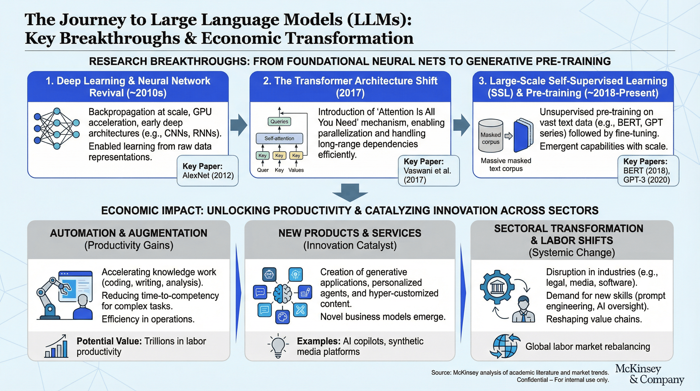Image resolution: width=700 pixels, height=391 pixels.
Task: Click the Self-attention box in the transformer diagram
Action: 279,138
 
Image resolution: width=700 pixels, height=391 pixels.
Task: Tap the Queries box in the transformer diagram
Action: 279,121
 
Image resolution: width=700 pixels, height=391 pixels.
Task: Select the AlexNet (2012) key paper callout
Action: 208,171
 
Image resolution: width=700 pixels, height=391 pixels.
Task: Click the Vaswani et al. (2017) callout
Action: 428,171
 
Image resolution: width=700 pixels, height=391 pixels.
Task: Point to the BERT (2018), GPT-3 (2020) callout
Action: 648,171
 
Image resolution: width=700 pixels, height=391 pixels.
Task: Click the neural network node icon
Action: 56,129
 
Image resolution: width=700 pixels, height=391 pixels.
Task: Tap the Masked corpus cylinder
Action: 491,136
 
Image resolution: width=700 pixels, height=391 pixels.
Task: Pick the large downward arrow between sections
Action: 350,192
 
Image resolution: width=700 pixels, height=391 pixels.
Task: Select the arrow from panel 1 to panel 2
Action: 239,125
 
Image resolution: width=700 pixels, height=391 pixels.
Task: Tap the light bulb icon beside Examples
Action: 278,346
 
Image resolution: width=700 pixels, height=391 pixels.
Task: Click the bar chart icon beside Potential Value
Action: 56,346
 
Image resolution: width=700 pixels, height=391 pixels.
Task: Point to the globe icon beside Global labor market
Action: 505,346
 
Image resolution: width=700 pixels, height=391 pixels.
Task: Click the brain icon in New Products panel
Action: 282,293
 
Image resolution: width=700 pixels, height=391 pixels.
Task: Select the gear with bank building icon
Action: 497,287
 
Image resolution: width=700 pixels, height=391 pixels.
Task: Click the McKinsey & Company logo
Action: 649,374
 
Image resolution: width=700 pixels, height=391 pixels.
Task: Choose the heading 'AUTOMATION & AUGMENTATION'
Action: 128,233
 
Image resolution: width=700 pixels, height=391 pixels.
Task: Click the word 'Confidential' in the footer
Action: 532,380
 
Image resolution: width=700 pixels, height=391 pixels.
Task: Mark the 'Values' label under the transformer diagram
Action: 296,170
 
